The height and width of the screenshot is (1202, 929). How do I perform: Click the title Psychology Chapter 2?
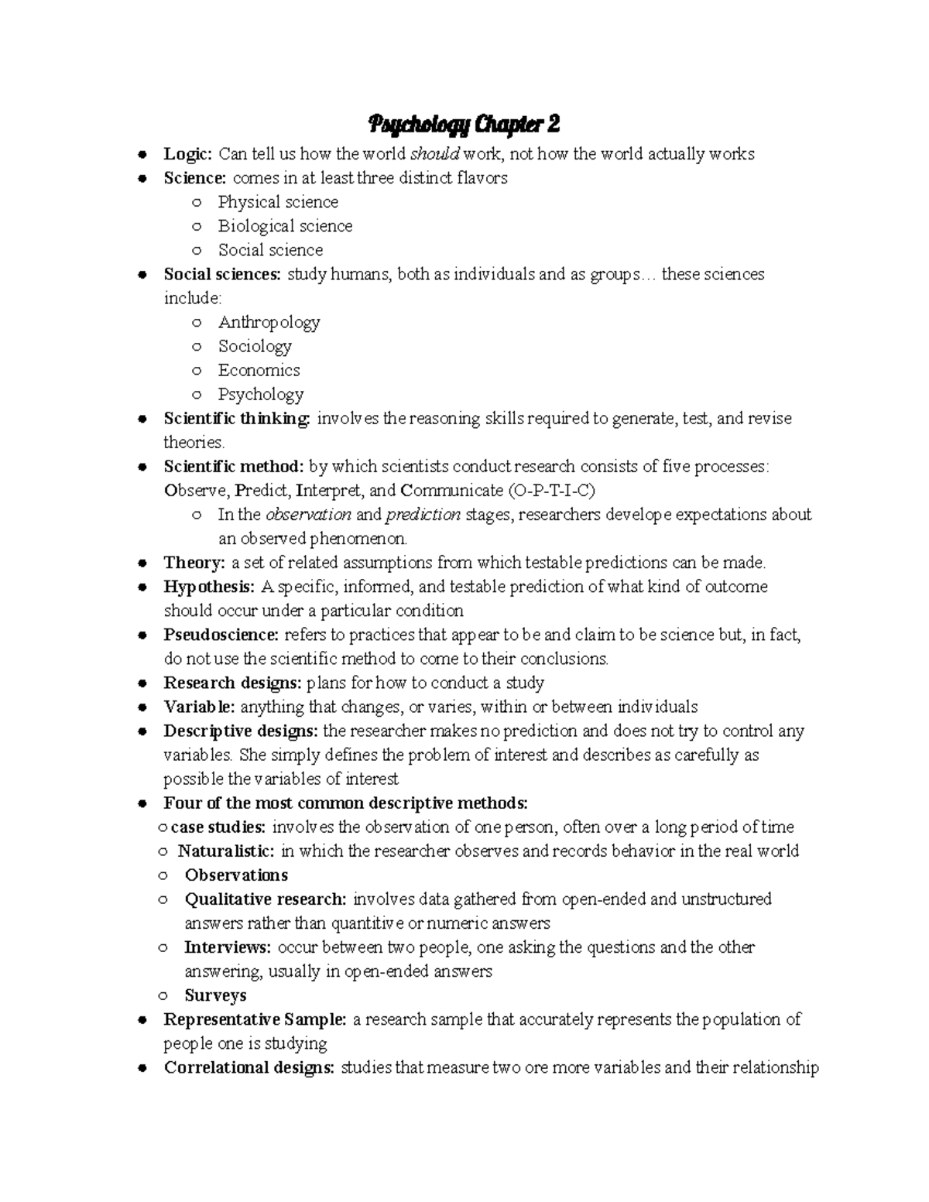[x=464, y=124]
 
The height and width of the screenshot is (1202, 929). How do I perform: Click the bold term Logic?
[x=187, y=154]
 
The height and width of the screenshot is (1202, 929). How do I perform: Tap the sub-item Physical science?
[x=278, y=202]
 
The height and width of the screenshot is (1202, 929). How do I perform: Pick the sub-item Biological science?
[x=285, y=226]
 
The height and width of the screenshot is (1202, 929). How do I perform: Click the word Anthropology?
[x=269, y=322]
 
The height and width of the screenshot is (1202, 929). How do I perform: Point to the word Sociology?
[x=255, y=346]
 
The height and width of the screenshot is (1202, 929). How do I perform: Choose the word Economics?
[x=259, y=370]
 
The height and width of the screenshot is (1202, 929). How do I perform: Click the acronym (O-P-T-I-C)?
[x=552, y=491]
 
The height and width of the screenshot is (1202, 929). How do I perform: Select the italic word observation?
[x=308, y=515]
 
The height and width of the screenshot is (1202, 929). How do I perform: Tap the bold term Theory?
[x=194, y=563]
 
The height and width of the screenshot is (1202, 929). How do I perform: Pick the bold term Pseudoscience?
[x=221, y=635]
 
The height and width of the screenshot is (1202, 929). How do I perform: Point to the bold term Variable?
[x=199, y=707]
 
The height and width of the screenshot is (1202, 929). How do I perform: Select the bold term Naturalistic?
[x=226, y=851]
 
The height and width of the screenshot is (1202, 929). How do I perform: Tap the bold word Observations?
[x=236, y=875]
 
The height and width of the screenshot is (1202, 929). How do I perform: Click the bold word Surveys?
[x=215, y=995]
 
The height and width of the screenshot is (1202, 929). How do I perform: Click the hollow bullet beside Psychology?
[x=197, y=395]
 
